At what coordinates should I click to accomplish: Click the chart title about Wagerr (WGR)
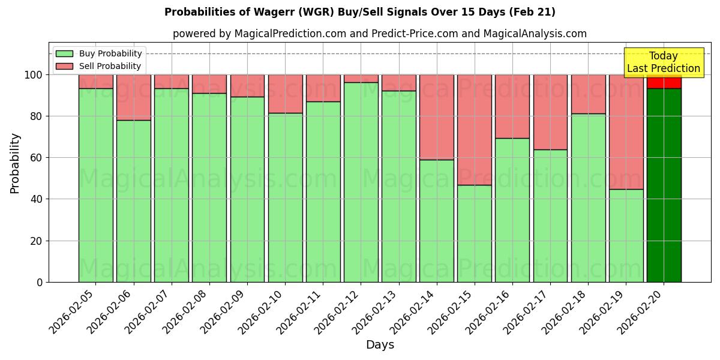tap(359, 12)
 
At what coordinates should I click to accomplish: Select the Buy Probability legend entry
tap(110, 53)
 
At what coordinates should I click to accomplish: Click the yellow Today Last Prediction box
tap(663, 62)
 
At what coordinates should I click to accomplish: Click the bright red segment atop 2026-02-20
tap(664, 82)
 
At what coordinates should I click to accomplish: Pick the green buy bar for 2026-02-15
tap(474, 233)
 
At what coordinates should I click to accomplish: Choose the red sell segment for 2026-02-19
tap(626, 132)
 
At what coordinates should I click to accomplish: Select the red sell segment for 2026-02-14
tap(436, 117)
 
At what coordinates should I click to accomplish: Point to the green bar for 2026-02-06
tap(133, 201)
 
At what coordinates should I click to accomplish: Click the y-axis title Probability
tap(15, 163)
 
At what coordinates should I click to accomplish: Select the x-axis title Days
tap(379, 345)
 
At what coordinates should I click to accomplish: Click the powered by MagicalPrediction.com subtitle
tap(379, 34)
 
